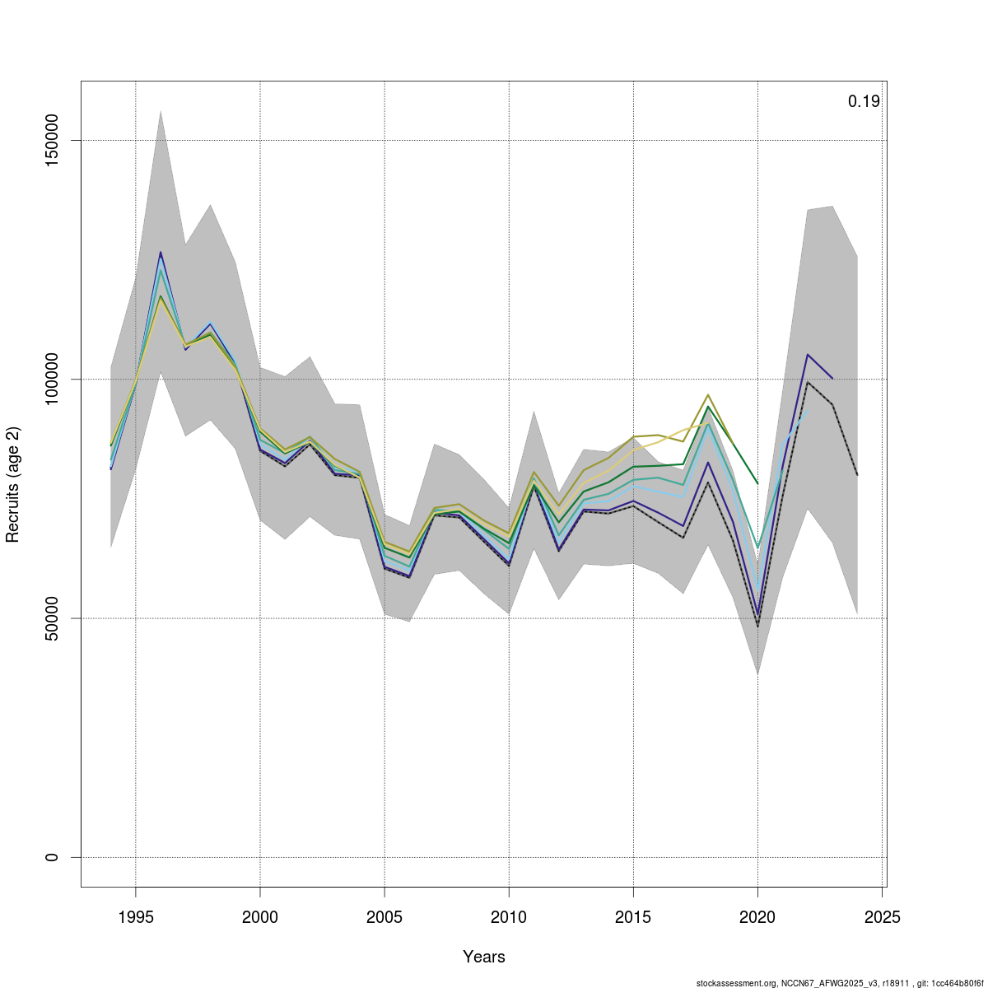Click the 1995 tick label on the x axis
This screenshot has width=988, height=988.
click(x=136, y=917)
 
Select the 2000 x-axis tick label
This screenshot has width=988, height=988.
click(x=260, y=917)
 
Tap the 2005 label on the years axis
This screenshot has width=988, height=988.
click(x=384, y=917)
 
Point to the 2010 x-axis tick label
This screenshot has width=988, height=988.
click(x=509, y=917)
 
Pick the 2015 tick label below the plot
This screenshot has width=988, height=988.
click(x=633, y=917)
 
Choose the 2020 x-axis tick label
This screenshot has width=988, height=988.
click(x=757, y=917)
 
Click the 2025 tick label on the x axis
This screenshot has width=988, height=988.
click(x=882, y=917)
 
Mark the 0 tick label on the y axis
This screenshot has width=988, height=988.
click(x=52, y=857)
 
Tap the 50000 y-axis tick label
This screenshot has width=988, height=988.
click(x=52, y=618)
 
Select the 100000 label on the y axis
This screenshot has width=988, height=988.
click(x=52, y=380)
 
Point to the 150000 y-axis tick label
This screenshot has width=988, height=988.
click(x=52, y=141)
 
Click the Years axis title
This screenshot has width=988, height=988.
click(x=484, y=957)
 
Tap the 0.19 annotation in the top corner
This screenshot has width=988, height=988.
click(x=864, y=102)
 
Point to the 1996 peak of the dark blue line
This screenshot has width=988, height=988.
click(x=161, y=252)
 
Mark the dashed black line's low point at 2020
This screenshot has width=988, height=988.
click(x=757, y=627)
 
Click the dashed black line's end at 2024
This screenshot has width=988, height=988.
click(x=857, y=475)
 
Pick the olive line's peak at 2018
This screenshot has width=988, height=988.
click(x=708, y=395)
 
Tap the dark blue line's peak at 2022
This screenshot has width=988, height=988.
click(x=808, y=355)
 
